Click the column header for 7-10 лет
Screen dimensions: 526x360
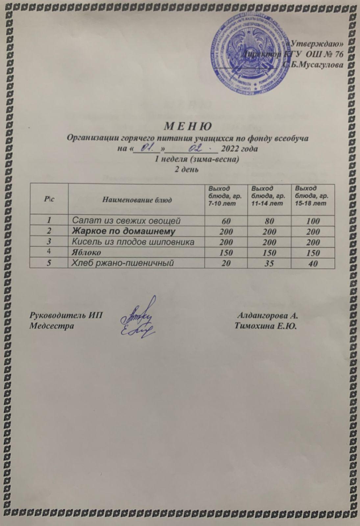pos(224,196)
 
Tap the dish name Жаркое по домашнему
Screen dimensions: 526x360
pos(124,231)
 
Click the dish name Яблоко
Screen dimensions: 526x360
pos(87,252)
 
